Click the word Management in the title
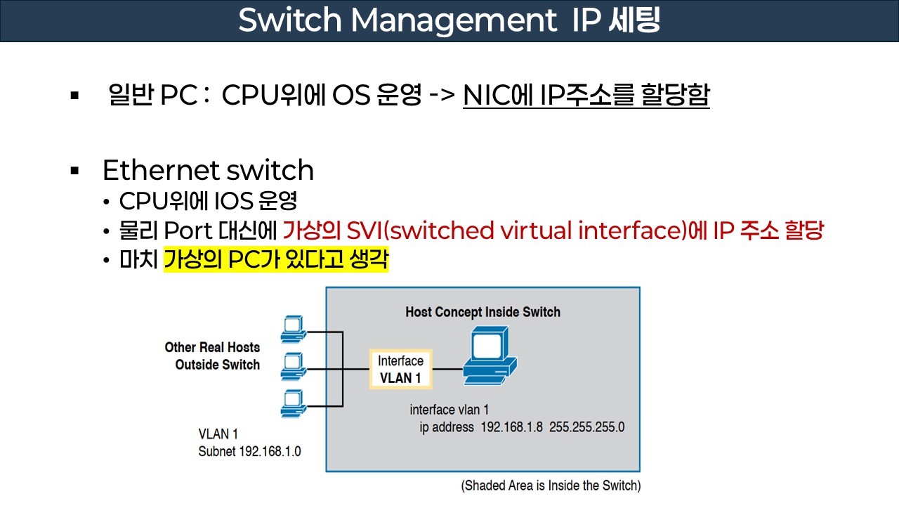452,20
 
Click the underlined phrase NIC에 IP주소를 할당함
586,96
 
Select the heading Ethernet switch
208,170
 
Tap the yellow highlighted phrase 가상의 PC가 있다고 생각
275,261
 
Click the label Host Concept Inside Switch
483,312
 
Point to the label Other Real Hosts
212,347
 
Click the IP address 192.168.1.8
511,427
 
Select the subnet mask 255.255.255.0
586,427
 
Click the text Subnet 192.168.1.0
249,451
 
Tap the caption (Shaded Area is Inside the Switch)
551,486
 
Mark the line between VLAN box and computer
447,368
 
